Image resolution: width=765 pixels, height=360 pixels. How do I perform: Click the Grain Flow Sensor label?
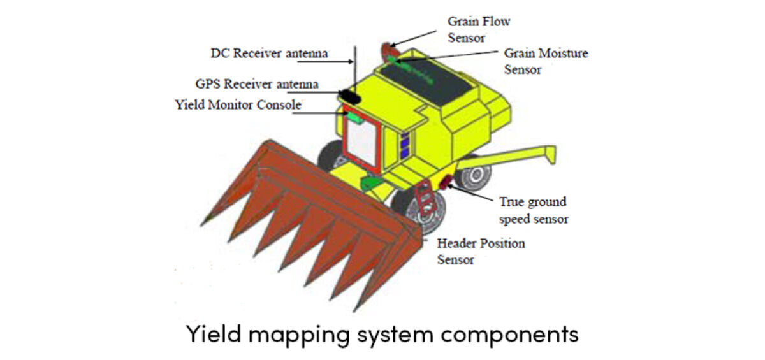point(479,29)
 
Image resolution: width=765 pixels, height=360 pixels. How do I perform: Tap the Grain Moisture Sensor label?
point(546,61)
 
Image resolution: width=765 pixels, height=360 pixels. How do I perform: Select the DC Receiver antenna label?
point(269,54)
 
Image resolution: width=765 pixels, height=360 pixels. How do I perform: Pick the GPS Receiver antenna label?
point(257,84)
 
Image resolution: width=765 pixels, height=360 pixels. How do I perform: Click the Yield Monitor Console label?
point(238,104)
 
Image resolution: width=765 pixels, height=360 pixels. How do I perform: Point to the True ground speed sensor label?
point(534,210)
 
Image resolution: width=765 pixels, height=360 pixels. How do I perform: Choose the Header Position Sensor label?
point(481,252)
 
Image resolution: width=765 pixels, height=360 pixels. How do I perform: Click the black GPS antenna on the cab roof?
point(351,96)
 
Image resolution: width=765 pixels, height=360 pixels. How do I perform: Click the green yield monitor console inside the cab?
point(354,117)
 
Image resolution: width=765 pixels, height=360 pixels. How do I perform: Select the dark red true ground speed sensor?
point(444,184)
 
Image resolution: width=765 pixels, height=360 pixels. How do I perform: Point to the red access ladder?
point(425,198)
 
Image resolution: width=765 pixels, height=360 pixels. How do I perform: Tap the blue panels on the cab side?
point(405,145)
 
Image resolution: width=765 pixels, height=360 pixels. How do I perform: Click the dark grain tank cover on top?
point(426,83)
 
